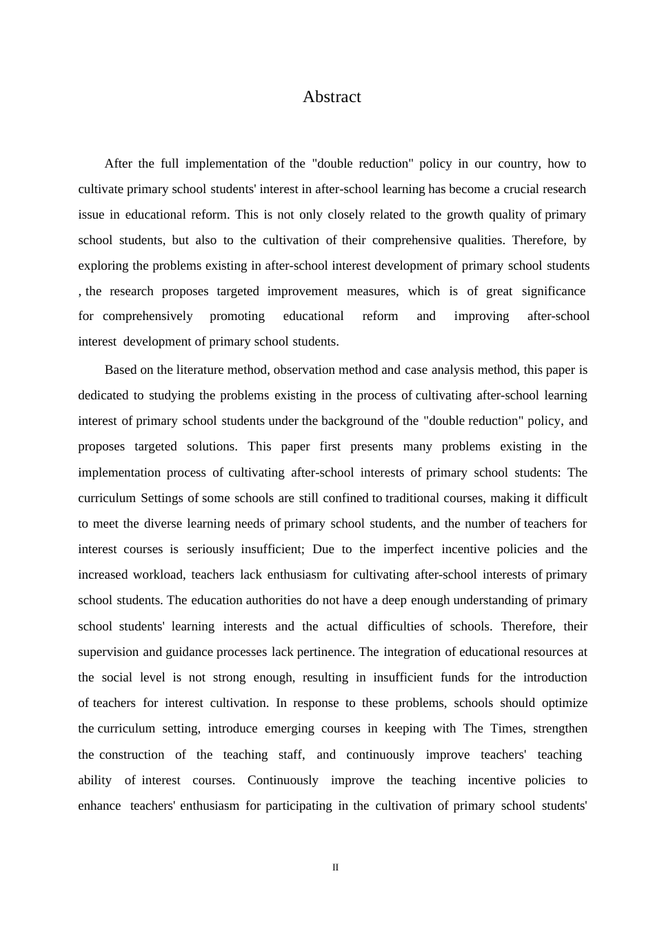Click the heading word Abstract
332,97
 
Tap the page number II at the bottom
336,868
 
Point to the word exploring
103,266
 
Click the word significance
554,291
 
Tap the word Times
507,728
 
